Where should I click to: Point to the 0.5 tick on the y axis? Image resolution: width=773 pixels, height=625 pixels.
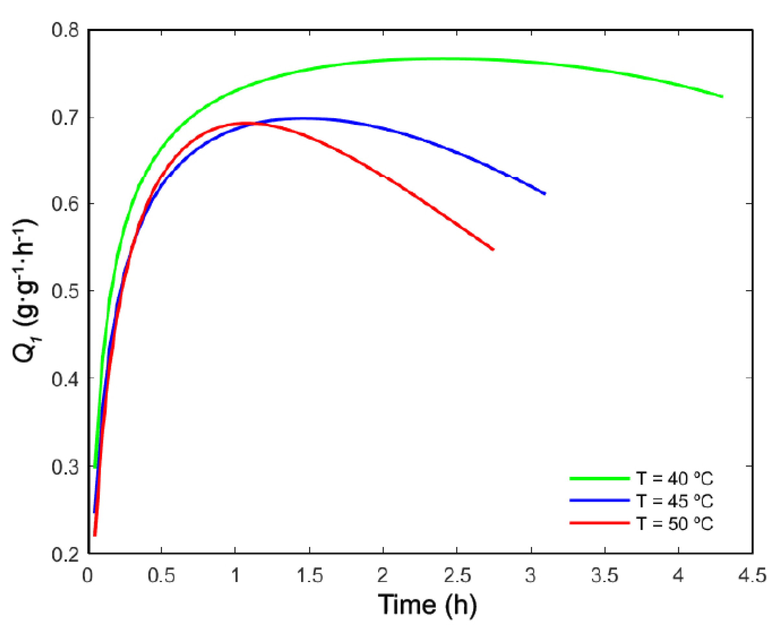65,291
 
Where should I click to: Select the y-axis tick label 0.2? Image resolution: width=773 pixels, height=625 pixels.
65,554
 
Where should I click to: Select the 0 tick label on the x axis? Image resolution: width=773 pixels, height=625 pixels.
87,575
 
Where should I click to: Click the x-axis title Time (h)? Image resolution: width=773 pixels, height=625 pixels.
427,605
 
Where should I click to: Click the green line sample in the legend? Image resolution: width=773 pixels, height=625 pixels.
599,478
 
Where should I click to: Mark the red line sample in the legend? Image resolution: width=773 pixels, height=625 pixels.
599,523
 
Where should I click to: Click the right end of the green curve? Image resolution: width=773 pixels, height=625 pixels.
722,96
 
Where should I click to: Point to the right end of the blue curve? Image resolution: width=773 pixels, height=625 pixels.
545,193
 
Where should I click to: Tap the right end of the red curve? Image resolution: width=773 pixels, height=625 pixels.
493,249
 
